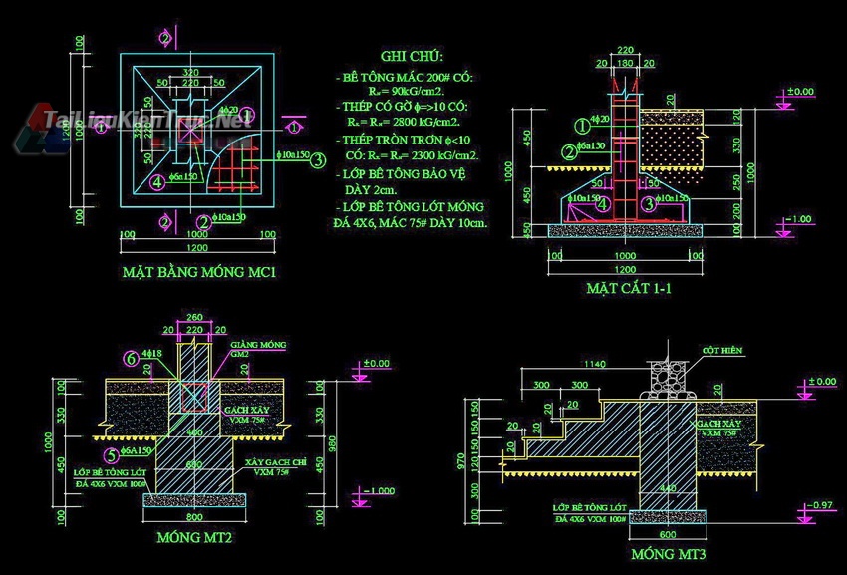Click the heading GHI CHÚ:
[412, 57]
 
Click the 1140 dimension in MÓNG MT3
[596, 363]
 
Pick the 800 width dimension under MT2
[193, 518]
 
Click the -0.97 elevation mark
[818, 506]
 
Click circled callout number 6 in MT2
[130, 357]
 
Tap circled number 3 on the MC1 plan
[317, 159]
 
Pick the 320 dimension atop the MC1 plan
[192, 72]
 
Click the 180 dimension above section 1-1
[625, 63]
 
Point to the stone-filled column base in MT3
[663, 376]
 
